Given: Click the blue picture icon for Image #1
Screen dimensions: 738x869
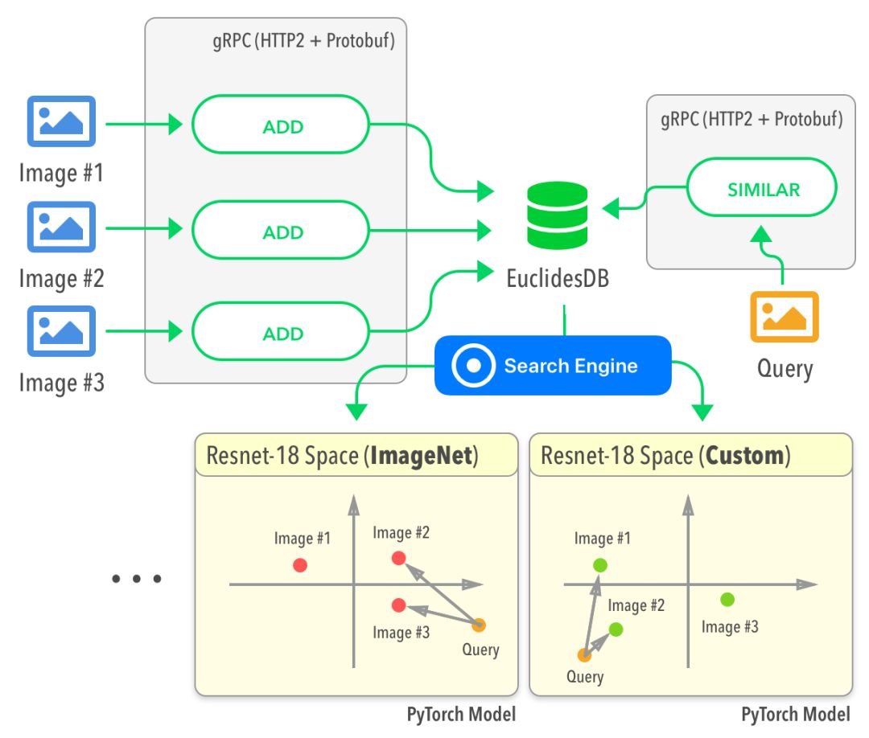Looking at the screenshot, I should coord(62,122).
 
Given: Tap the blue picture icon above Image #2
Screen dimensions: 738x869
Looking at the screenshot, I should coord(62,228).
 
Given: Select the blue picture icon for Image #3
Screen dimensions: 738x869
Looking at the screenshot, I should coord(62,331).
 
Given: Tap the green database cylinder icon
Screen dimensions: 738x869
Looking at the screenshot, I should coord(558,215).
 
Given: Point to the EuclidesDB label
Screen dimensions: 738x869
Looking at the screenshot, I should coord(558,279).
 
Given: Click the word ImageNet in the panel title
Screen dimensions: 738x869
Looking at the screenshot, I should coord(423,457).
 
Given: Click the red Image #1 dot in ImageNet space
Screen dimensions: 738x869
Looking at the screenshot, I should coord(300,565).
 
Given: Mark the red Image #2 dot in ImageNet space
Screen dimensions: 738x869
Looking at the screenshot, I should coord(398,558).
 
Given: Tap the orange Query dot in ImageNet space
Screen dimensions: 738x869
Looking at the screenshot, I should coord(480,625).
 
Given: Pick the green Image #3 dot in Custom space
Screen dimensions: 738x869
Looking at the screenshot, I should coord(727,599).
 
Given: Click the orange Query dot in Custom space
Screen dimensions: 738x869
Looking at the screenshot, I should coord(585,655).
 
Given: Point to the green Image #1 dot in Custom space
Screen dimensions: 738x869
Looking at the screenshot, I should coord(599,565).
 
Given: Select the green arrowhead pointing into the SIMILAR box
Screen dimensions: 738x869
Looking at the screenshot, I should coord(760,234).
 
